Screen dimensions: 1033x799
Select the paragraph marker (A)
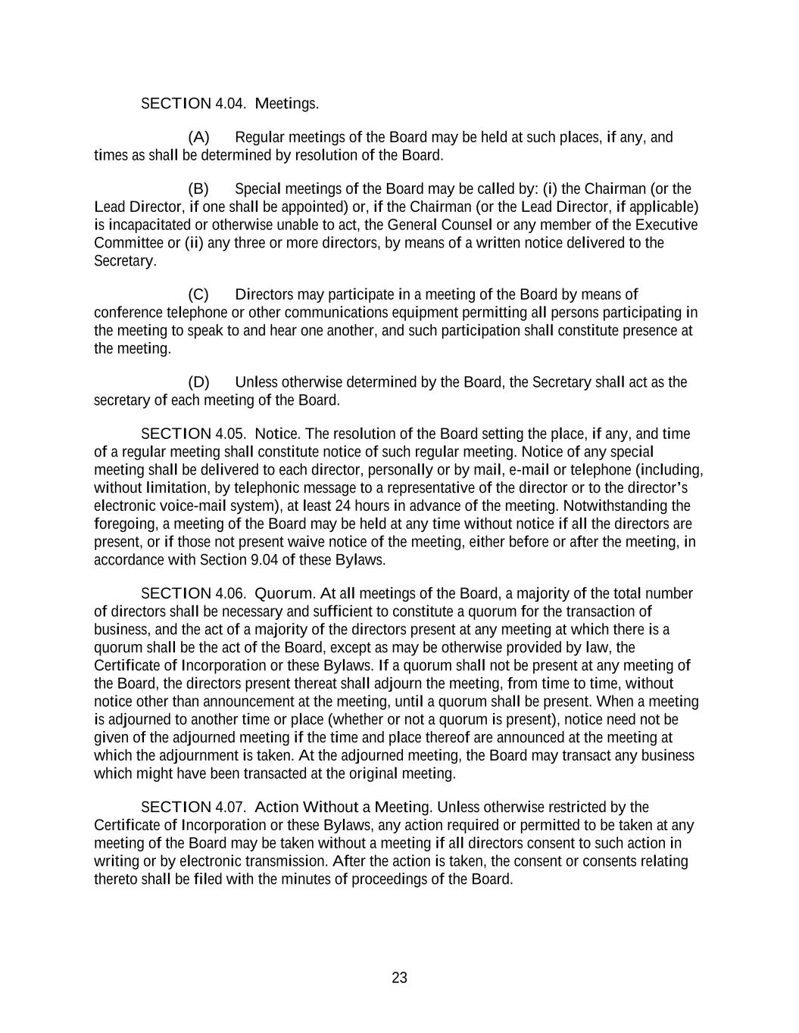(x=198, y=138)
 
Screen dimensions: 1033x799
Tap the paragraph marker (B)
(x=198, y=189)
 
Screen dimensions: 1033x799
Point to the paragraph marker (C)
(x=198, y=294)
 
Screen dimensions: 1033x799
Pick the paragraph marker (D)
(x=198, y=382)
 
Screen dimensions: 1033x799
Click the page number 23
(x=400, y=978)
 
